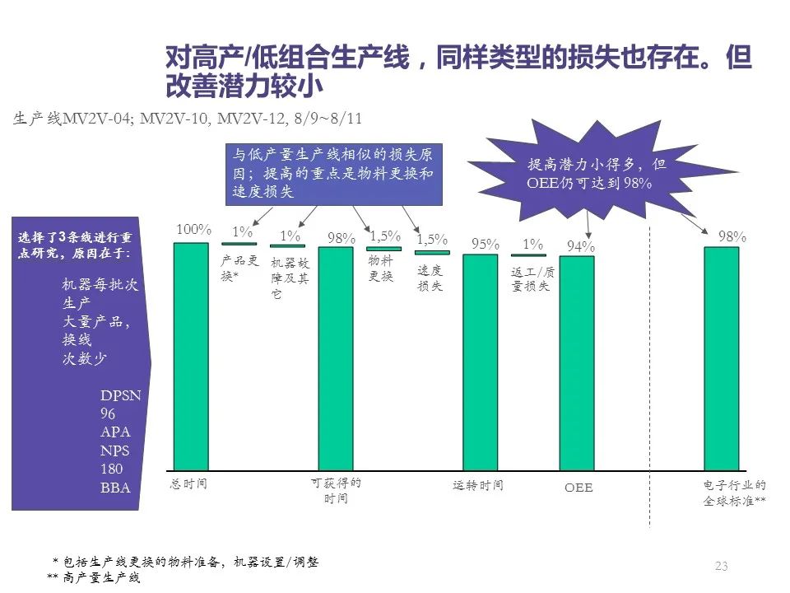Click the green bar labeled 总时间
pos(191,356)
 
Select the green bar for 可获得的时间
pos(336,358)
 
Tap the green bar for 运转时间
pos(480,362)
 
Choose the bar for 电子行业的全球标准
pos(722,359)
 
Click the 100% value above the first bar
pos(193,230)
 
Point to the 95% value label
pos(485,244)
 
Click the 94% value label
pos(581,246)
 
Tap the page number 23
pos(722,566)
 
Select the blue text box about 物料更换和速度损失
pos(333,174)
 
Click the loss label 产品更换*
pos(239,268)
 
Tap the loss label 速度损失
pos(430,278)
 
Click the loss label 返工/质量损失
pos(532,278)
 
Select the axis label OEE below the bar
pos(579,488)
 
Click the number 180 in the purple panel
pos(111,469)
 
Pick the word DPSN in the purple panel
pos(120,395)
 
